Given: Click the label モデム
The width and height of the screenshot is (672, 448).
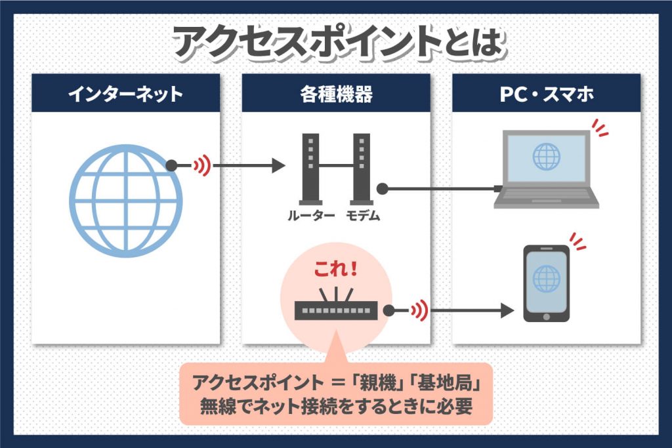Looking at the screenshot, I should point(363,216).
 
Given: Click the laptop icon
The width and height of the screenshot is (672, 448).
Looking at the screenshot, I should point(546,170).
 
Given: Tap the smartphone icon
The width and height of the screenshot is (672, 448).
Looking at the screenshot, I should point(545,283).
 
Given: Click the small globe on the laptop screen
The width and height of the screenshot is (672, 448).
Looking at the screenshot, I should point(545,156).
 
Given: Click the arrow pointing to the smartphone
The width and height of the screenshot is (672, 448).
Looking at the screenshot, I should point(472,310).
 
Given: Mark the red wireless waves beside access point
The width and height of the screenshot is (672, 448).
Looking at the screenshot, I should point(418,310).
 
